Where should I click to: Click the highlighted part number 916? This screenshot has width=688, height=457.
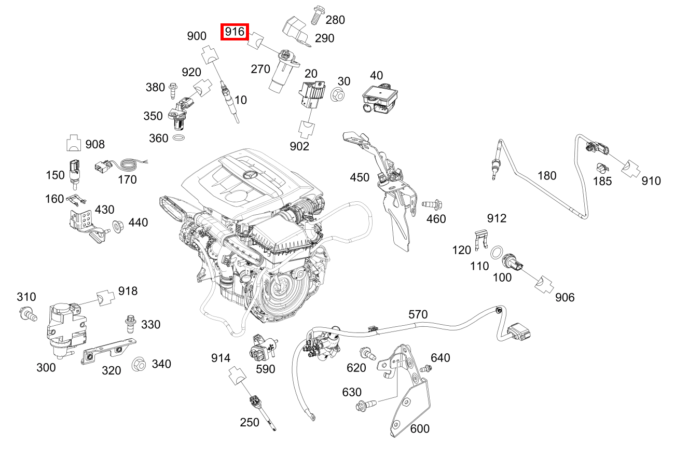pos(235,32)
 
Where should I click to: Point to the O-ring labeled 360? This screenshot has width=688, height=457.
pos(178,139)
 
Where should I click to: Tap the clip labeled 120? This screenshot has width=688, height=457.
pos(482,238)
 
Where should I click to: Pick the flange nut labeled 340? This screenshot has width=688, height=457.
pos(138,364)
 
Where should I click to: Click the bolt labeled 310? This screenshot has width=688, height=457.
pos(28,313)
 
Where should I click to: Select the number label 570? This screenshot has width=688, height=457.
pos(418,314)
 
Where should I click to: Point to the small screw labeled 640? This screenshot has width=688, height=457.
pos(426,369)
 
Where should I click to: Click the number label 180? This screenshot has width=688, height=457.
pos(546,175)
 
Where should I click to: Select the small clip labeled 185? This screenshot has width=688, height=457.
pos(602,168)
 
